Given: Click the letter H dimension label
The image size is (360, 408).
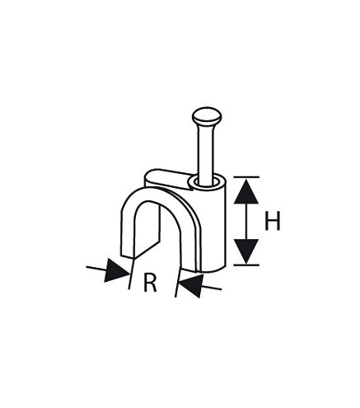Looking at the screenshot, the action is (x=272, y=220).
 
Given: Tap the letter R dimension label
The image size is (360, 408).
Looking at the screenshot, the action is (x=150, y=283).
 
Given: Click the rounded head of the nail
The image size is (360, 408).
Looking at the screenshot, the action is (x=207, y=115).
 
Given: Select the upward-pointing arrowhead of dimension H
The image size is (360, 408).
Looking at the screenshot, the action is (x=246, y=192).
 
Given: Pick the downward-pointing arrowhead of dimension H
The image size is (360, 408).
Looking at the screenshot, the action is (x=246, y=251).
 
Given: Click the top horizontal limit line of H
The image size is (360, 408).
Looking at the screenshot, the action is (x=246, y=177).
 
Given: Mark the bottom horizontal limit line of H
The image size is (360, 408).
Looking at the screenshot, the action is (x=246, y=265).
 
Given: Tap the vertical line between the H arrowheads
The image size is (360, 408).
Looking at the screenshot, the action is (x=246, y=222).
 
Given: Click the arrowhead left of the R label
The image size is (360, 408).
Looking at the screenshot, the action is (x=118, y=270).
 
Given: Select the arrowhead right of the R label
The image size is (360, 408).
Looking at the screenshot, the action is (x=190, y=286).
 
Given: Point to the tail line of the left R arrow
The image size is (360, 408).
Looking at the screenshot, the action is (x=96, y=268).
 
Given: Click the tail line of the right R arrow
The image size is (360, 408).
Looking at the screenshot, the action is (x=211, y=288).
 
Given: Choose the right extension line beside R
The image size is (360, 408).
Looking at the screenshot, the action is (x=179, y=280).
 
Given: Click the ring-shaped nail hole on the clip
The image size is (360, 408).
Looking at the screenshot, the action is (x=207, y=182).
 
